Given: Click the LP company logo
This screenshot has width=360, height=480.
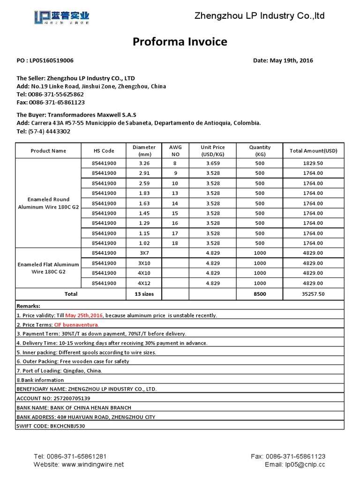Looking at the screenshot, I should [62, 17].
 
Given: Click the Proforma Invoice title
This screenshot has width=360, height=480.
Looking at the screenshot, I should [180, 42].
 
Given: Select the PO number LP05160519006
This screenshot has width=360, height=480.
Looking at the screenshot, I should [52, 60].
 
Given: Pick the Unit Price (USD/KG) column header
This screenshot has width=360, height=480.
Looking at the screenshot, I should [213, 151].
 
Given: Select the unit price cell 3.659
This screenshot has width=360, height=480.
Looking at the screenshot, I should [213, 164].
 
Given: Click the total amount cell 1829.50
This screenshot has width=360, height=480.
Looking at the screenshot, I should [313, 164].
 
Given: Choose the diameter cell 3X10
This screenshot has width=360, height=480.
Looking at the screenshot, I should [144, 263].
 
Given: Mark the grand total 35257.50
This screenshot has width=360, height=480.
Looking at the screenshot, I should [313, 294].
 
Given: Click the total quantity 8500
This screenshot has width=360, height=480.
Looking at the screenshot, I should [260, 294].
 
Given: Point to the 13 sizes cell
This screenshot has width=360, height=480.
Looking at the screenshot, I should [144, 294].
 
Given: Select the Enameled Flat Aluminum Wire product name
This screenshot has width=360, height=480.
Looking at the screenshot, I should [48, 268].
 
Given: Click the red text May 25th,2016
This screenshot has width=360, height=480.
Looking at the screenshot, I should [84, 315].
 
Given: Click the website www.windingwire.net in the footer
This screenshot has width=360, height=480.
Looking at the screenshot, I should [92, 465].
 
